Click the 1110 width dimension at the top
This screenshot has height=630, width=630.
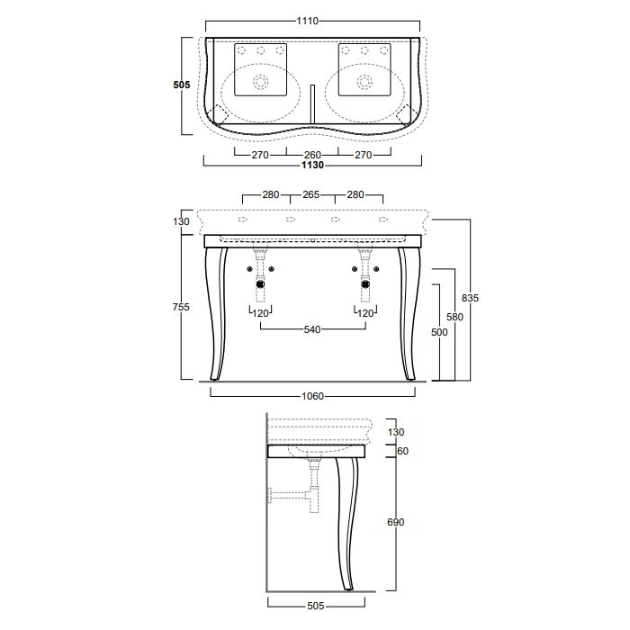[308, 21]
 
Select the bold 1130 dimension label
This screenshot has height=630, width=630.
[312, 165]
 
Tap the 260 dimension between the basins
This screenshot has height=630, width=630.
[312, 155]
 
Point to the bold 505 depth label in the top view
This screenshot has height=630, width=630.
[182, 85]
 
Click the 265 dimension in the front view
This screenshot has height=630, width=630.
[311, 194]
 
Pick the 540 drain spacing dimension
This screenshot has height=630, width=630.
[312, 329]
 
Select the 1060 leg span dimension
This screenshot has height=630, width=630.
[312, 396]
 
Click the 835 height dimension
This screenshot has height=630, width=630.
[470, 298]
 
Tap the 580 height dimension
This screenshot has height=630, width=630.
[454, 317]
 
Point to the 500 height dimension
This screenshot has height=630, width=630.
[439, 332]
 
